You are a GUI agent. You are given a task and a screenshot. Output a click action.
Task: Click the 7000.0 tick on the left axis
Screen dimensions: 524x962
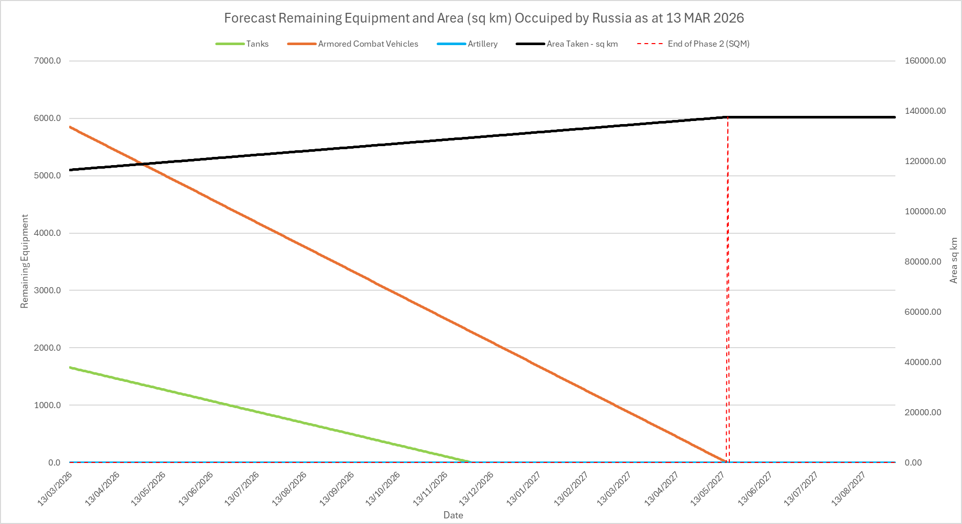click(47, 61)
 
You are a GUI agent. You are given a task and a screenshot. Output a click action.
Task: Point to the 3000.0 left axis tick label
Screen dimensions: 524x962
click(47, 290)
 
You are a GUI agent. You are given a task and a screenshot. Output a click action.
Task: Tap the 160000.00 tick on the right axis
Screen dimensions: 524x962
click(925, 61)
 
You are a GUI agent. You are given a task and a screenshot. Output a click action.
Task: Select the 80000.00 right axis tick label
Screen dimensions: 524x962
click(923, 261)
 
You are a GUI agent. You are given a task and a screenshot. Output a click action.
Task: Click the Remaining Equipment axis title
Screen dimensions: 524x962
click(25, 261)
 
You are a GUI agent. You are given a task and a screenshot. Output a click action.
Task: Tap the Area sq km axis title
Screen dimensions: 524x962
click(954, 260)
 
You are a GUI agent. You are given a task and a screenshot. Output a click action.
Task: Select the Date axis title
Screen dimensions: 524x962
click(453, 515)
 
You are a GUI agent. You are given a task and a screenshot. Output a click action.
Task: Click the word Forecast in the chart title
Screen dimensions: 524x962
click(250, 18)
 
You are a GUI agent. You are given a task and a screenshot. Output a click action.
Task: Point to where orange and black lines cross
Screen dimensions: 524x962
click(141, 164)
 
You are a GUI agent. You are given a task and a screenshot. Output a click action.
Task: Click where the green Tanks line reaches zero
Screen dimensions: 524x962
click(470, 462)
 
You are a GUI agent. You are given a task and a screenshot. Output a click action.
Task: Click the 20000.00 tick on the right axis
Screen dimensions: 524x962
click(923, 412)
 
